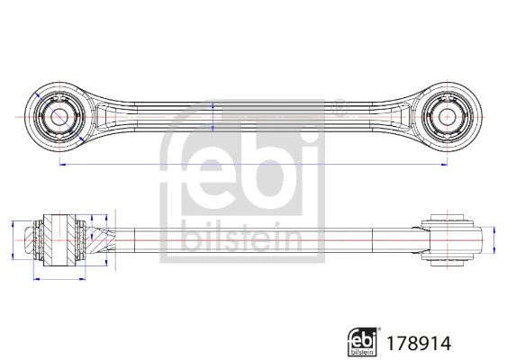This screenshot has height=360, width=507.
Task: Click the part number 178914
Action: (419, 344)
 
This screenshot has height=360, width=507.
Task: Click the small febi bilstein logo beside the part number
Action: (363, 342)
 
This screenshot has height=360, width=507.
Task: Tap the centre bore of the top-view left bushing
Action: (59, 117)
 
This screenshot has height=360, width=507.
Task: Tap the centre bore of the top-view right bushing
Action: (447, 117)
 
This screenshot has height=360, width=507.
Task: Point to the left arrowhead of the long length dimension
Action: (63, 165)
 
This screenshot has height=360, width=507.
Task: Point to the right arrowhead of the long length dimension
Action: (444, 165)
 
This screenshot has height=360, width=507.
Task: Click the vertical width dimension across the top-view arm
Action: (213, 117)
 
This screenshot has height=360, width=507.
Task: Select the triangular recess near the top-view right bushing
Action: (402, 117)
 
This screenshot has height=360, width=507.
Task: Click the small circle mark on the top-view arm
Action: (340, 108)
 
